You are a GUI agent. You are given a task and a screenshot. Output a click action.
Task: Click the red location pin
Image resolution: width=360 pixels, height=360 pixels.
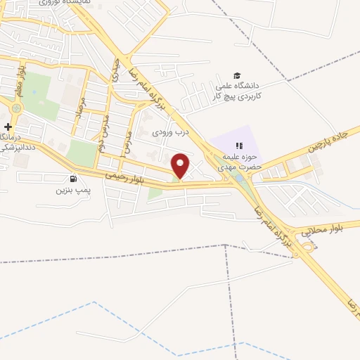click(x=181, y=165)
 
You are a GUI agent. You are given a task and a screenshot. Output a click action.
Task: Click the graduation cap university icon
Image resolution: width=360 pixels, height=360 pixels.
click(x=237, y=75)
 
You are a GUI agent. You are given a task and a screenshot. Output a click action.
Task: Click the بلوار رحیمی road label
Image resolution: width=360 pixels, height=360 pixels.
click(x=127, y=177)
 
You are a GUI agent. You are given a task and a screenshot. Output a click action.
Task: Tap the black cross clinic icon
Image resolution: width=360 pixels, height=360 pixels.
click(x=8, y=126)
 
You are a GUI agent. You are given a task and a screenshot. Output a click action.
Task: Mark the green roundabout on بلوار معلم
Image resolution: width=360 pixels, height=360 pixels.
click(x=15, y=108)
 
